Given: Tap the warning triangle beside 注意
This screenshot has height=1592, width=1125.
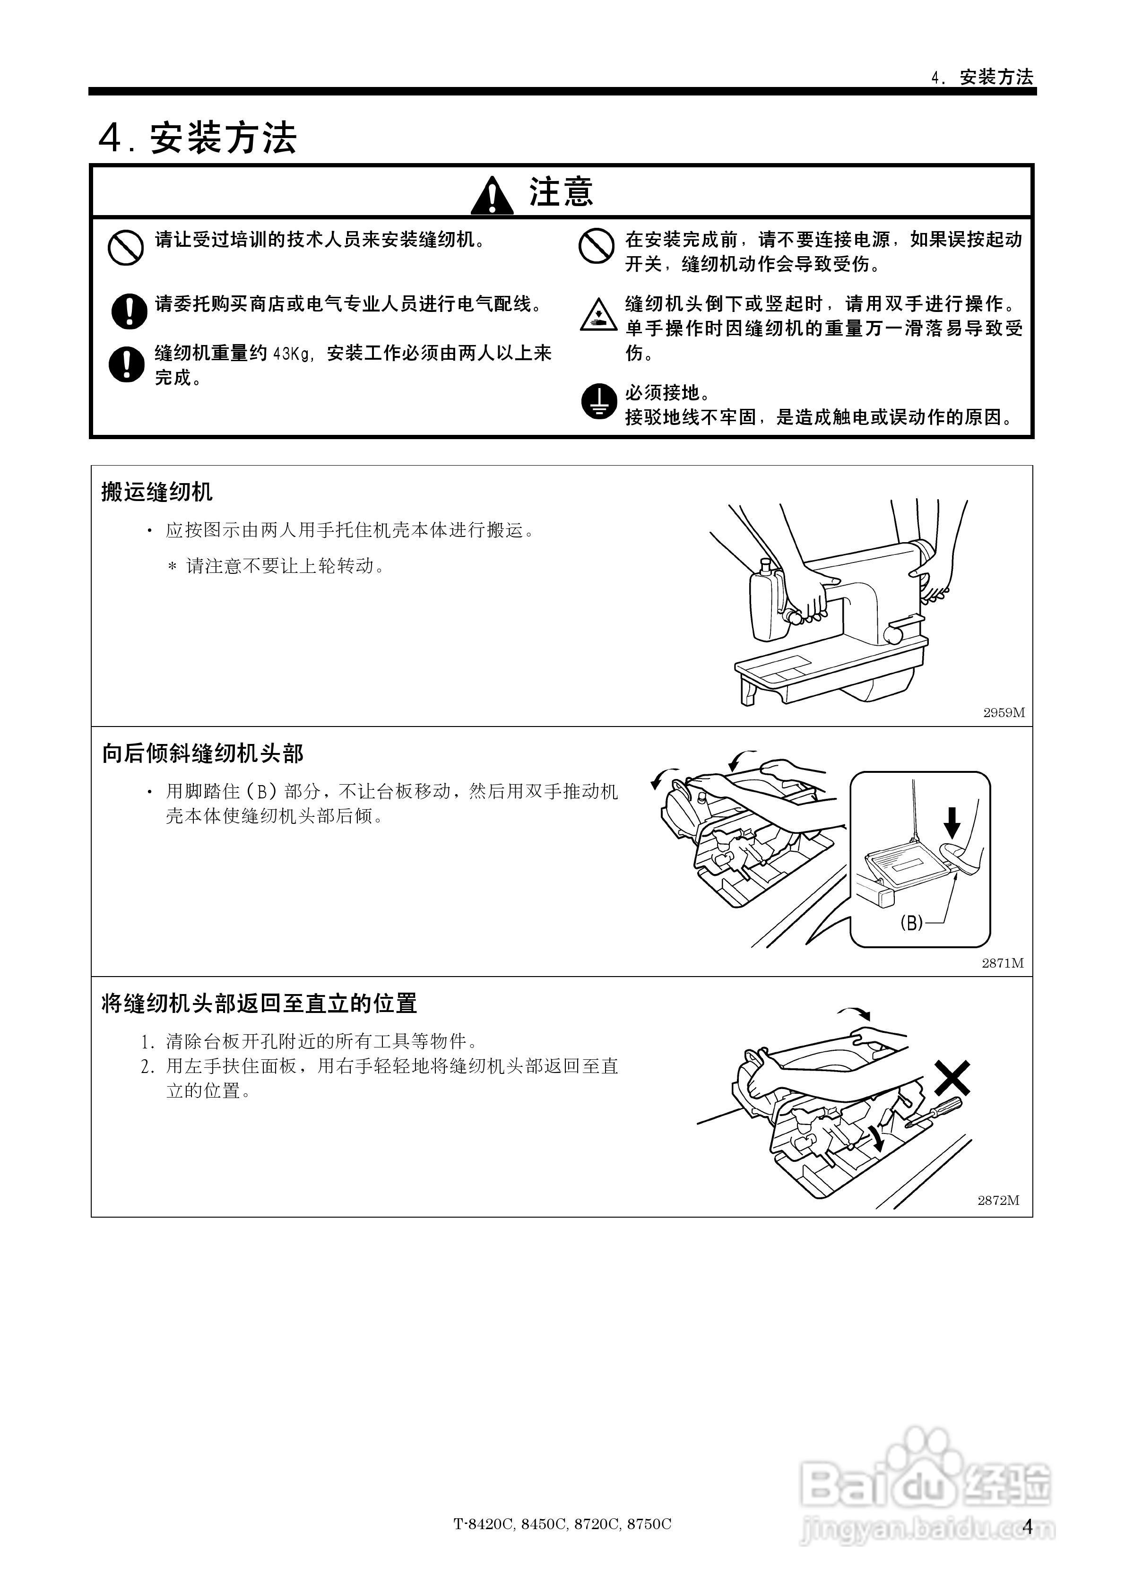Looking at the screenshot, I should [492, 196].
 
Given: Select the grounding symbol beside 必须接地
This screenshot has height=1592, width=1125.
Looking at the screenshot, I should [598, 401].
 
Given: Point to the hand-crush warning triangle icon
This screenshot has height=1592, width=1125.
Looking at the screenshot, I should [598, 315].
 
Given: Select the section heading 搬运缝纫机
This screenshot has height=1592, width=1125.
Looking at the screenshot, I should [157, 492].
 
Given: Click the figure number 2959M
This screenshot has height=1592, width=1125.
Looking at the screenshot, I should [1004, 712].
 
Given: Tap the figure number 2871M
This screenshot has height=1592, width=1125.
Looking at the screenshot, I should [1002, 963].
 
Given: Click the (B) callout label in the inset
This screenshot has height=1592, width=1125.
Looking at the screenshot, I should [911, 922].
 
